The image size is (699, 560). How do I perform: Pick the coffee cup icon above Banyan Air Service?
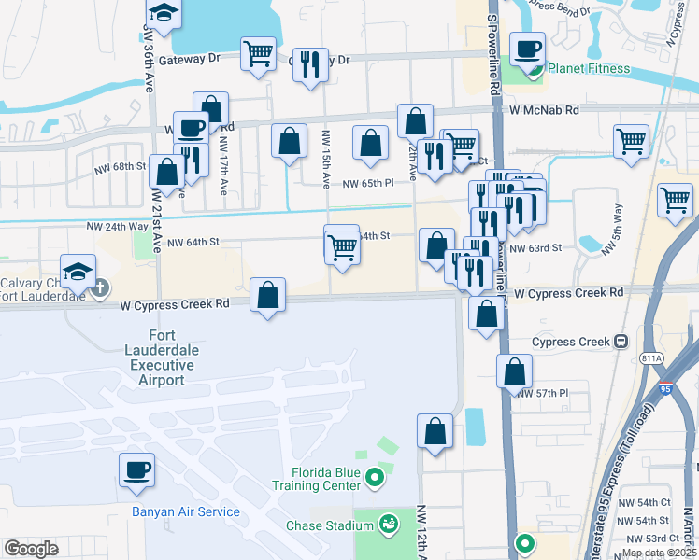[136, 469]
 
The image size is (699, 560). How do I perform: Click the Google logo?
[31, 548]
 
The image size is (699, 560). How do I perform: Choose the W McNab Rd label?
[545, 109]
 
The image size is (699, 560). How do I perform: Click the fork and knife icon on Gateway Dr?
[309, 64]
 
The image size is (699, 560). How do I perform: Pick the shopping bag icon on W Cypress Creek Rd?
[268, 294]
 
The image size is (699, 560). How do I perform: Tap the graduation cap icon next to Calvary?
[78, 273]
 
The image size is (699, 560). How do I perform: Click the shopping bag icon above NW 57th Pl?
[514, 371]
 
